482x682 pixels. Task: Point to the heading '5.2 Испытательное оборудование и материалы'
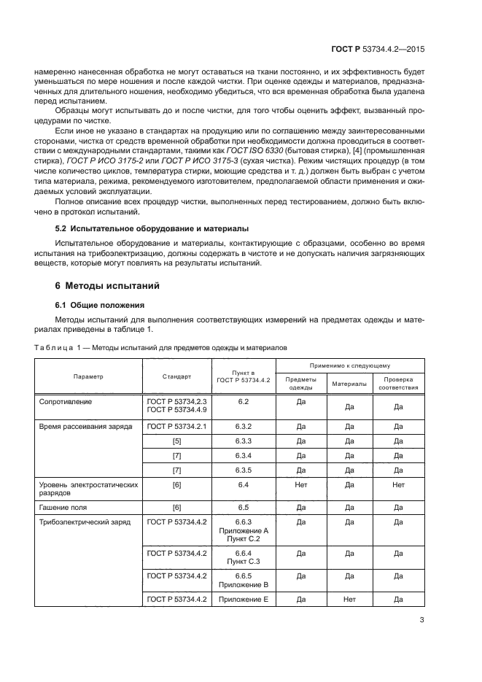coord(147,228)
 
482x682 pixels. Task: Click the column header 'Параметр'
coord(88,376)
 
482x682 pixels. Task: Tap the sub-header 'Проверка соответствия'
coord(397,384)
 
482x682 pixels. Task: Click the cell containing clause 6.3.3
coord(244,441)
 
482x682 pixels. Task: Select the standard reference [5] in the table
coord(176,441)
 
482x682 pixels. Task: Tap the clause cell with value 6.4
coord(244,484)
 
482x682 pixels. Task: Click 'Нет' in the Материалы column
coord(349,600)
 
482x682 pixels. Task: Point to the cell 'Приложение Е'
coord(244,600)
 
